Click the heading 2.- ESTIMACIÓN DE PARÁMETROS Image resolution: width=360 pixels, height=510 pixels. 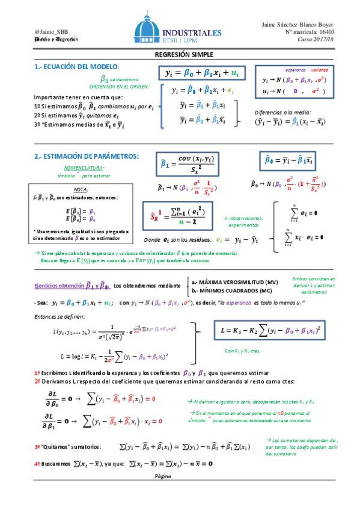pos(87,156)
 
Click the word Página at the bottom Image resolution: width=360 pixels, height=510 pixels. pos(163,475)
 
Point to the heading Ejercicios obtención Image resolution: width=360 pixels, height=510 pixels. pos(59,285)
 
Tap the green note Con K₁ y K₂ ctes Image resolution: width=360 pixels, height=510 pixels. pos(243,351)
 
